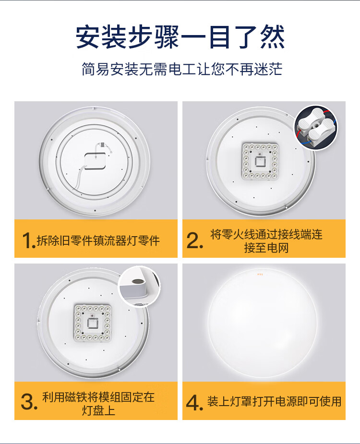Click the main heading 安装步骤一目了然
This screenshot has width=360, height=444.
[x=180, y=37]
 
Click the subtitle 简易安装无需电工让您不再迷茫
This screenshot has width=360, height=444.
[x=182, y=69]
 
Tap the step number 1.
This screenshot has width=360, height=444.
[x=29, y=241]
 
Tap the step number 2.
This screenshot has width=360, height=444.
[x=194, y=240]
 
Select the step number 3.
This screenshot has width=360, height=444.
[x=29, y=402]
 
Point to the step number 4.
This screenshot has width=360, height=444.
[x=194, y=403]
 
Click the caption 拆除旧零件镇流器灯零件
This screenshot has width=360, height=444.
[x=98, y=240]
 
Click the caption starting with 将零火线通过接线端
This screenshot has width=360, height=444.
[x=266, y=241]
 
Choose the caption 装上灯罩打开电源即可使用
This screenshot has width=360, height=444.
[x=274, y=402]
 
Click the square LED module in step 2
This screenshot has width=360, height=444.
[x=260, y=161]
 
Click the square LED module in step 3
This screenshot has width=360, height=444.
[x=92, y=323]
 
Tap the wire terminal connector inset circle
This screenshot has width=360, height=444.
[x=316, y=128]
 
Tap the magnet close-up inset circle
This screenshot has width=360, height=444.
[x=139, y=287]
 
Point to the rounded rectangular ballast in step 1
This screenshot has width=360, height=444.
[x=95, y=161]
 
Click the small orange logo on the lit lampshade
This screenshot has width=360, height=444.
[x=260, y=274]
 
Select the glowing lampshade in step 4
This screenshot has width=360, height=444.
[x=263, y=323]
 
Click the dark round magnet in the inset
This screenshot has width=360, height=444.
[x=137, y=282]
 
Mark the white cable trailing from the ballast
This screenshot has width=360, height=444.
[x=79, y=177]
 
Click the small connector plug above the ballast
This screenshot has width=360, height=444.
[x=102, y=144]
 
